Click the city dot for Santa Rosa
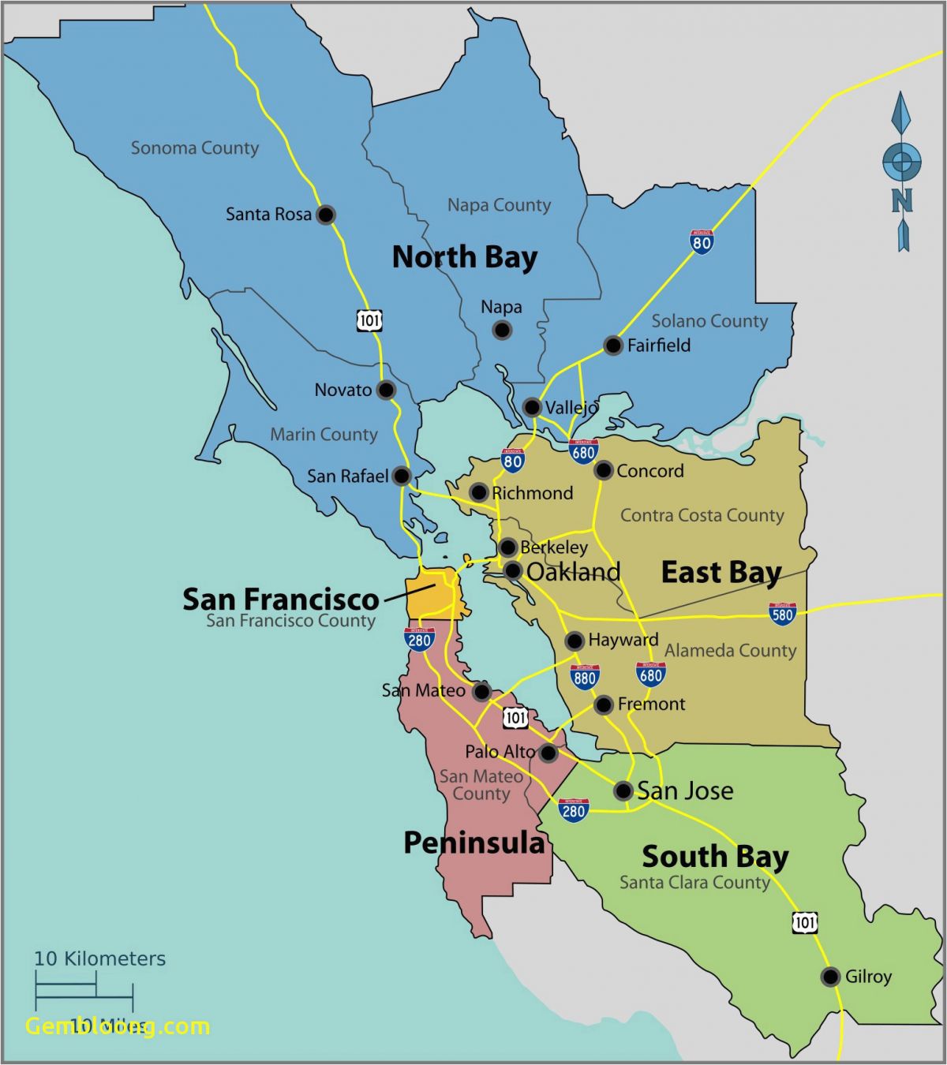tap(326, 214)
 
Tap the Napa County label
tap(499, 205)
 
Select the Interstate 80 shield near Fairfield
tap(702, 241)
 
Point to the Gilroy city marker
tap(830, 977)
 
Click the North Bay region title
tap(464, 257)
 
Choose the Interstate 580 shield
tap(782, 614)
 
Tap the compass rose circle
tap(901, 163)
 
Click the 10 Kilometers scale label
tap(99, 958)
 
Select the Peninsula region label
tap(473, 843)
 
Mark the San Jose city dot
tap(623, 790)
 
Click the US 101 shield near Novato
tap(369, 320)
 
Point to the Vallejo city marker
tap(532, 407)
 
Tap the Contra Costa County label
tap(702, 515)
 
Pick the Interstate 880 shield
tap(585, 677)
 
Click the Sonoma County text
tap(194, 148)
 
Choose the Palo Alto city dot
tap(548, 753)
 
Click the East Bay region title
tap(721, 572)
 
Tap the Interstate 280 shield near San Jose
tap(573, 810)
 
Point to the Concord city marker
tap(604, 470)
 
